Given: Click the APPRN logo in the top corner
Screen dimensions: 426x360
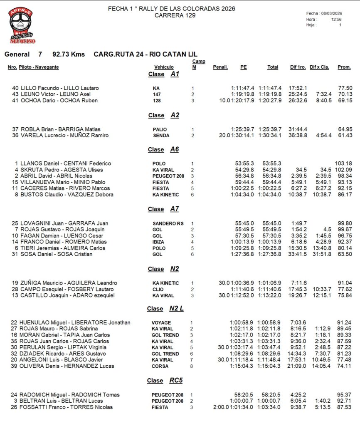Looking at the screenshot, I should [22, 26].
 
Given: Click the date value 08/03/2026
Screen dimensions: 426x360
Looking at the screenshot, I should [331, 13].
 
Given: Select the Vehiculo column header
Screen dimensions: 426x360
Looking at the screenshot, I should [164, 67].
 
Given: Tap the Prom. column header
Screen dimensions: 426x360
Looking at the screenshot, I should [344, 67].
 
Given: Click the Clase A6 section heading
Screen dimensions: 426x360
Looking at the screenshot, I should [163, 149].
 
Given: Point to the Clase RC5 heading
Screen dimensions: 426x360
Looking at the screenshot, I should [165, 380].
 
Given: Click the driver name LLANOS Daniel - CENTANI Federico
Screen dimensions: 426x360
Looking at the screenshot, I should [66, 163].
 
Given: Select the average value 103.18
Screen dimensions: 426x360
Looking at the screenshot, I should [344, 163].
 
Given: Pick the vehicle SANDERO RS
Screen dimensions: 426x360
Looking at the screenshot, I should [168, 223].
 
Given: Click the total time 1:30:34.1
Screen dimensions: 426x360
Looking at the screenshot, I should [270, 135].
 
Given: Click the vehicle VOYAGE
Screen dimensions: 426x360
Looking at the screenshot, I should [161, 322].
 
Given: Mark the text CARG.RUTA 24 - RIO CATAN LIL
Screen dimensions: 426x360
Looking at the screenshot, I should [145, 54].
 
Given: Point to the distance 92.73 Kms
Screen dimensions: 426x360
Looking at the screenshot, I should [69, 54].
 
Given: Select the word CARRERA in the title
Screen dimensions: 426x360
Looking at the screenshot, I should [167, 15].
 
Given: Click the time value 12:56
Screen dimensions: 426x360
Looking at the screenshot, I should [336, 19].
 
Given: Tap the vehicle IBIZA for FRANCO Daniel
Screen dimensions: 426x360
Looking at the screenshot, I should [158, 242].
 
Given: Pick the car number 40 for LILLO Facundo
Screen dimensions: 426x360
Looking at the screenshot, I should [15, 88].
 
